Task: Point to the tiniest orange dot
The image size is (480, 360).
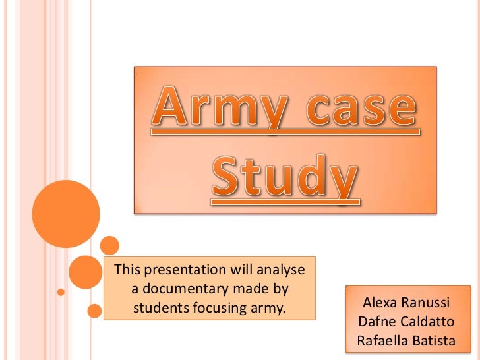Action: (61, 291)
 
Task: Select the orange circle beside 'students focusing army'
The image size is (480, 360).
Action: (94, 310)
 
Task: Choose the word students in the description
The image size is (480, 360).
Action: (160, 307)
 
